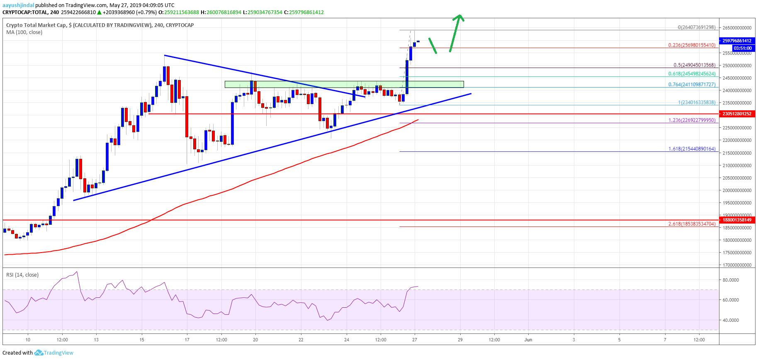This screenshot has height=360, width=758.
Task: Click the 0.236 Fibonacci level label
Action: (x=691, y=45)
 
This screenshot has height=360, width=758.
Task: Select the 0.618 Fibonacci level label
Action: (x=691, y=74)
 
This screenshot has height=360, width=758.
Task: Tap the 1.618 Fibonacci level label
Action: (x=691, y=148)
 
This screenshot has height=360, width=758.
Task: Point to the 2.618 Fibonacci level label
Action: (x=691, y=224)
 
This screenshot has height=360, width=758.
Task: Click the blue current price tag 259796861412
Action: (x=736, y=41)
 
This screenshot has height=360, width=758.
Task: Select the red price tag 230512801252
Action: (x=736, y=114)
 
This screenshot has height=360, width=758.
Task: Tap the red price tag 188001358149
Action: (x=736, y=220)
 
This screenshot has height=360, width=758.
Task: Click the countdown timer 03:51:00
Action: (x=742, y=48)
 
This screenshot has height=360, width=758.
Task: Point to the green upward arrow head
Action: (x=459, y=17)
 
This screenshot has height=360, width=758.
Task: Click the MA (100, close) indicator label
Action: (x=24, y=32)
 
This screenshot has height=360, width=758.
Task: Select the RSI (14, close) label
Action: (x=22, y=275)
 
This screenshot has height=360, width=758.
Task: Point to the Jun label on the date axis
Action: (x=528, y=340)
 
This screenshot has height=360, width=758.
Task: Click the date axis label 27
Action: (x=415, y=340)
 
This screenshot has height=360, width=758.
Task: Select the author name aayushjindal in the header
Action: (x=18, y=5)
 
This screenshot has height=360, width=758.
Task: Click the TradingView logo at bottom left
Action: (x=54, y=353)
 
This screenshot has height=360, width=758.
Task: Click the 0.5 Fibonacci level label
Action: (x=694, y=65)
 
